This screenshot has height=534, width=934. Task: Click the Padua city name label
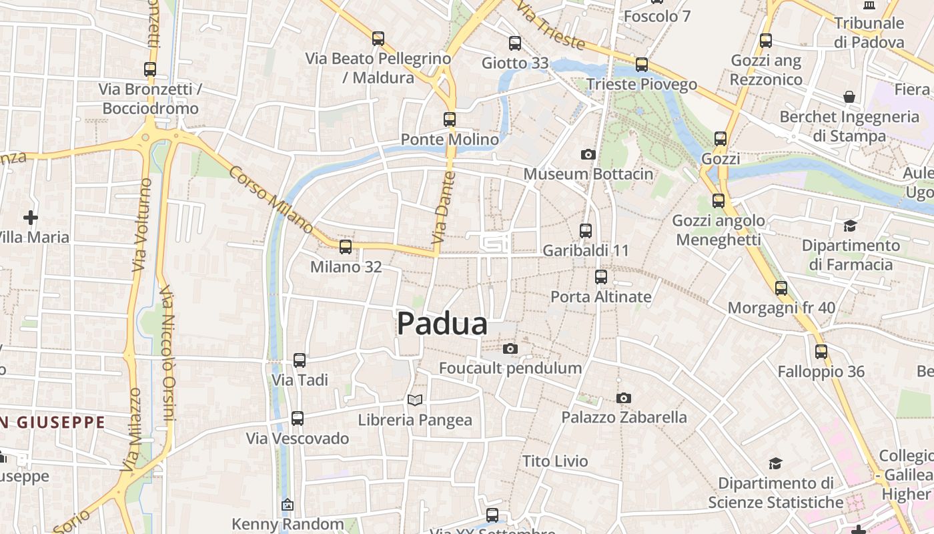click(x=442, y=324)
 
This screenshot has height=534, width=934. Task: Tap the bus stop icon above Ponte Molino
click(x=450, y=119)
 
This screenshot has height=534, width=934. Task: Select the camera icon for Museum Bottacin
click(x=588, y=154)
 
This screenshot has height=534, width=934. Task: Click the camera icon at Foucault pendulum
click(x=510, y=348)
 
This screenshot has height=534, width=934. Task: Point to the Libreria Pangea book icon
click(x=415, y=400)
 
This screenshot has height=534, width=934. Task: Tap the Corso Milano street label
click(x=271, y=200)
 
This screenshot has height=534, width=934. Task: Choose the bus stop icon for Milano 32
click(x=346, y=247)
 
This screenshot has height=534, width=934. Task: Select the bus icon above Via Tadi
click(x=300, y=360)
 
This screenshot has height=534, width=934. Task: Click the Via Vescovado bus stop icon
click(x=298, y=419)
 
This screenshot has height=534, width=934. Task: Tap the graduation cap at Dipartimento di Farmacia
click(x=850, y=226)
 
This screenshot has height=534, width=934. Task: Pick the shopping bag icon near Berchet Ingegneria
click(x=849, y=97)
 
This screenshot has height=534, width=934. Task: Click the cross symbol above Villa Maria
click(x=30, y=217)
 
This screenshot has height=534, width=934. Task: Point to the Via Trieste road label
click(x=550, y=28)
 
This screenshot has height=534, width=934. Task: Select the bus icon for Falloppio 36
click(x=821, y=352)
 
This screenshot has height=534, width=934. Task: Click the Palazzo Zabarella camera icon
click(x=624, y=398)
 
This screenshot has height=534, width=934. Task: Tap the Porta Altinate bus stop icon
click(x=601, y=277)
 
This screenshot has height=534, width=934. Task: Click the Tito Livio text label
click(x=555, y=461)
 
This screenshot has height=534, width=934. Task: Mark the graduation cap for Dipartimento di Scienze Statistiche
click(x=775, y=463)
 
